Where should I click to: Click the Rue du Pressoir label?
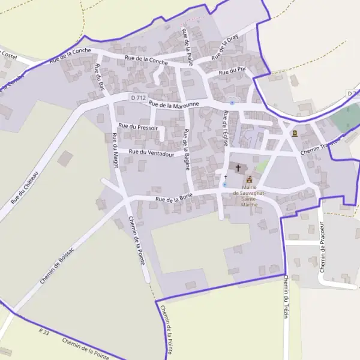138,127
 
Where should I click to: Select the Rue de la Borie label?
173,198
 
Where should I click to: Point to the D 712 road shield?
138,97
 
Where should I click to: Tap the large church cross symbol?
238,169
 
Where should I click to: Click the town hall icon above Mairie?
250,179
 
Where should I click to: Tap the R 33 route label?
44,331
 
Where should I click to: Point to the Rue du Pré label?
232,71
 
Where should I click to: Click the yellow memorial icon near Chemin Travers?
294,134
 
